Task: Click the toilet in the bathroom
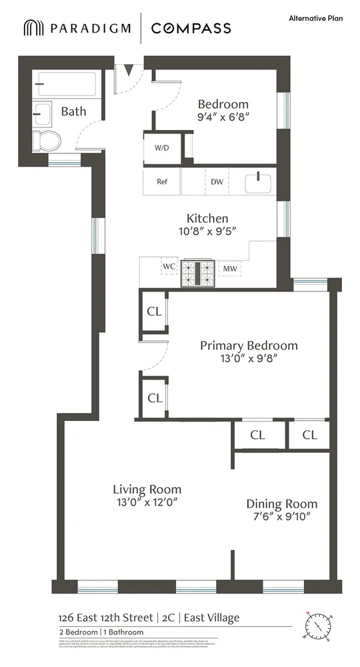(49, 141)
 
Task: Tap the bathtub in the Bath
(67, 85)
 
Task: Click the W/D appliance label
(161, 147)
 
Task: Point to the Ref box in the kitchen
(161, 181)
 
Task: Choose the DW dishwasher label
(217, 181)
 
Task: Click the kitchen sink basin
(257, 181)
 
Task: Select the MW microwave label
(230, 269)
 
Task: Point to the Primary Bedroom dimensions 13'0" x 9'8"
(248, 358)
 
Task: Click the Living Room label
(146, 489)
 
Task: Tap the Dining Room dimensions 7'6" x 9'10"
(281, 516)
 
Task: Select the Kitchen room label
(207, 218)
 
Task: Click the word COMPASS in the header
(191, 28)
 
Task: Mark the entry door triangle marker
(128, 69)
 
